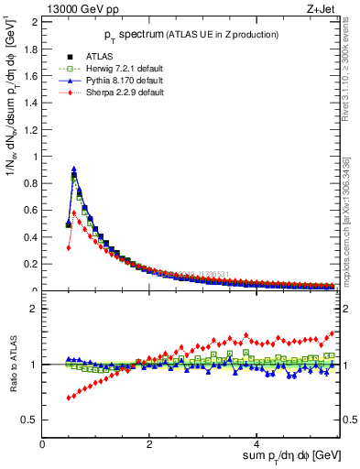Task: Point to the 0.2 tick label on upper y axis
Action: pyautogui.click(x=33, y=264)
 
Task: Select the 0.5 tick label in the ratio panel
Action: pyautogui.click(x=33, y=420)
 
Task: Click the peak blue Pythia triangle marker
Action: pyautogui.click(x=74, y=169)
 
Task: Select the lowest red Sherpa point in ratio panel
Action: pyautogui.click(x=69, y=398)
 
